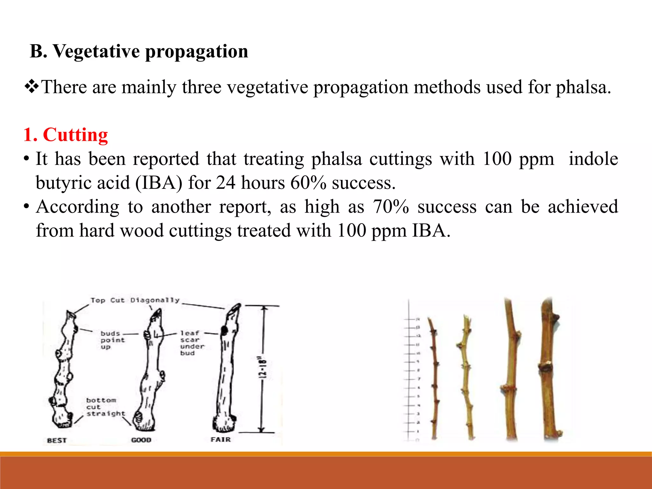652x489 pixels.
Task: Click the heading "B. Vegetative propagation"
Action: tap(139, 51)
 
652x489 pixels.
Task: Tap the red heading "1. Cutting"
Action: tap(66, 135)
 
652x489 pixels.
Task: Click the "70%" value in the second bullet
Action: tap(391, 207)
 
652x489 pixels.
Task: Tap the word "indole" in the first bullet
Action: tap(593, 159)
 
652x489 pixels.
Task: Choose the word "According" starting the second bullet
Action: tap(78, 207)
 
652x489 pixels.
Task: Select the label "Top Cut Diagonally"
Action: tap(135, 300)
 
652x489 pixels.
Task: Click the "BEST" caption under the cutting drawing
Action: tap(57, 440)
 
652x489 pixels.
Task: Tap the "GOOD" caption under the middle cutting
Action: tap(141, 440)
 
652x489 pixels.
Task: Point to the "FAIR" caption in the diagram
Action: tap(220, 440)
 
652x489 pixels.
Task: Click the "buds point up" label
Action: tap(112, 340)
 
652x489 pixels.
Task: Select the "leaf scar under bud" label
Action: tap(192, 343)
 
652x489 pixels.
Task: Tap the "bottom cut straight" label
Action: tap(105, 407)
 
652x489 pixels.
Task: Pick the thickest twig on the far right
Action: tap(549, 369)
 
